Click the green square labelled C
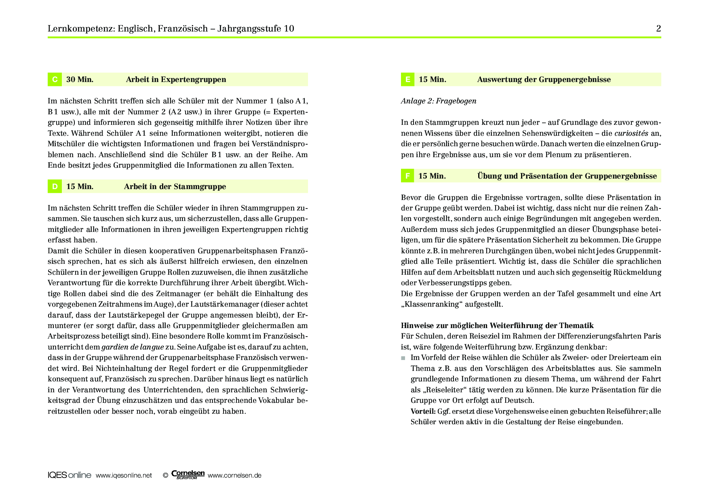[x=55, y=80]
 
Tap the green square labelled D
[x=55, y=187]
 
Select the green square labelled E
[x=407, y=80]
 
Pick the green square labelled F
[x=407, y=176]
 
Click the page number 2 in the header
[x=658, y=28]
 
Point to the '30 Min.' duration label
[x=80, y=80]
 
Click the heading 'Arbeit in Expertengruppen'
[x=176, y=80]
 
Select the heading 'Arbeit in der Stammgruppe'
[x=175, y=187]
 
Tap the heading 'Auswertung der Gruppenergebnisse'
[x=544, y=80]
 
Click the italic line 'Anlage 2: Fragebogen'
[x=439, y=101]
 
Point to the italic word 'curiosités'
[x=631, y=133]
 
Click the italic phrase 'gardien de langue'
[x=133, y=347]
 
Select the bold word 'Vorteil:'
[x=423, y=411]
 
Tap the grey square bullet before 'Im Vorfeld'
[x=403, y=358]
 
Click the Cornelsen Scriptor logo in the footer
[x=188, y=475]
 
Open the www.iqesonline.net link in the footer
[x=124, y=476]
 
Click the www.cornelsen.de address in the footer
[x=234, y=476]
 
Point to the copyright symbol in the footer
[x=165, y=476]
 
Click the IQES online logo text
[x=70, y=475]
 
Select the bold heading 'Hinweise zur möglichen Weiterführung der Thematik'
[x=497, y=326]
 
